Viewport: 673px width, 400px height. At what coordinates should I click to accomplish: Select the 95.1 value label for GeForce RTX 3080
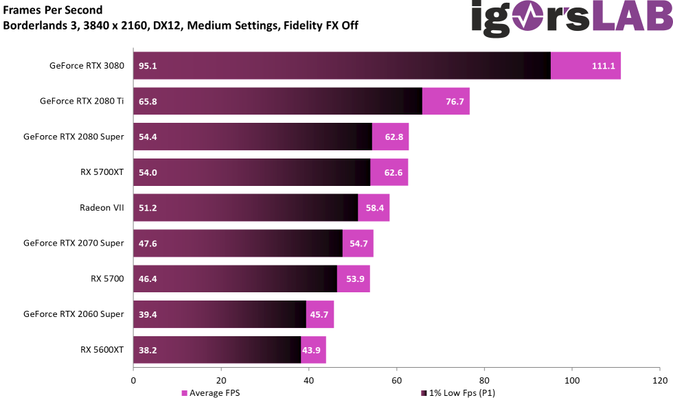pyautogui.click(x=148, y=66)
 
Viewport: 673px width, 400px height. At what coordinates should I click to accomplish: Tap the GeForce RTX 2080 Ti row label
pyautogui.click(x=82, y=101)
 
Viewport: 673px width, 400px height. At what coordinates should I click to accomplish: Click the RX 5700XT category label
pyautogui.click(x=102, y=172)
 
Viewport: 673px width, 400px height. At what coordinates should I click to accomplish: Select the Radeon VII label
pyautogui.click(x=102, y=207)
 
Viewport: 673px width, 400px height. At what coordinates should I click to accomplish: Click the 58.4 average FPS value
pyautogui.click(x=375, y=208)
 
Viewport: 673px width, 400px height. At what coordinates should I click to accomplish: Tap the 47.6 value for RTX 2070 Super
pyautogui.click(x=148, y=243)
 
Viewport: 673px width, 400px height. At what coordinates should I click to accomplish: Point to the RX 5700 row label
pyautogui.click(x=107, y=279)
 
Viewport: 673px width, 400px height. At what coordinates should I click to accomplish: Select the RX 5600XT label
pyautogui.click(x=102, y=349)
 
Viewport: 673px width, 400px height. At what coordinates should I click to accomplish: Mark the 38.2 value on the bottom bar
pyautogui.click(x=148, y=350)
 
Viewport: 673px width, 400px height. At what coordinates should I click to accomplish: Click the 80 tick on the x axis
pyautogui.click(x=484, y=379)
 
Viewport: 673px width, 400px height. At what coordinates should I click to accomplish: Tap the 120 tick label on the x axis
pyautogui.click(x=659, y=379)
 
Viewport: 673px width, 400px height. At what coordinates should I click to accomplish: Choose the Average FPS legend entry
pyautogui.click(x=212, y=393)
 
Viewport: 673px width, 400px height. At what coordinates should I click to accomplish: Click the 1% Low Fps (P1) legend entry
pyautogui.click(x=461, y=393)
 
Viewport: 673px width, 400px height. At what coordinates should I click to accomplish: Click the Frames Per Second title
pyautogui.click(x=53, y=10)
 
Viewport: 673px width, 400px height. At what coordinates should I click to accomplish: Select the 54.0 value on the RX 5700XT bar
pyautogui.click(x=148, y=172)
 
